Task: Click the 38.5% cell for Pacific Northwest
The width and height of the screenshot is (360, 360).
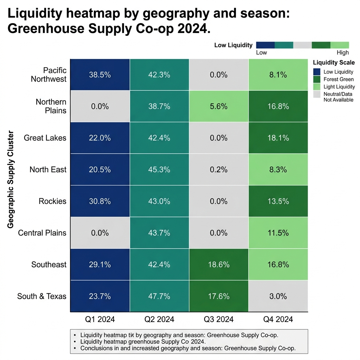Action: pos(100,75)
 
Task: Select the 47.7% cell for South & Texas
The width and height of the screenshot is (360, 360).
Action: pos(159,296)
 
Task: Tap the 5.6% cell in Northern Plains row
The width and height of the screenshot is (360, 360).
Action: pos(219,106)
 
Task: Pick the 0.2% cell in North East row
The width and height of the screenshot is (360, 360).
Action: pos(219,169)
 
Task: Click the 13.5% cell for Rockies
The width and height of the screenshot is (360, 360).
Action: pos(278,201)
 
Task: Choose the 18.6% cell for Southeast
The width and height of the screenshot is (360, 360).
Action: pos(219,264)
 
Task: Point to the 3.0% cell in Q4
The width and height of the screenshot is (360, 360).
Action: pos(278,296)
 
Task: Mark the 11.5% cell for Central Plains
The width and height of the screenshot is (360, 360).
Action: pos(278,233)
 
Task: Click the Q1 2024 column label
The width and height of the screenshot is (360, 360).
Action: pos(100,319)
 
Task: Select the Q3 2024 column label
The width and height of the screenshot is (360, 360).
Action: pos(219,319)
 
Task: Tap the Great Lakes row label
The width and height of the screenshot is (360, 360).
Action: pos(45,138)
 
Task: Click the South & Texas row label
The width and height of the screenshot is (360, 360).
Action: pos(42,296)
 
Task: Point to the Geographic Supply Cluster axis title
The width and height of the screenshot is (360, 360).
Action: pos(11,185)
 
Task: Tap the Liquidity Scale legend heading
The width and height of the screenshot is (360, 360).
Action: pos(334,63)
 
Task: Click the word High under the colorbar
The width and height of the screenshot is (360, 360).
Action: pos(342,53)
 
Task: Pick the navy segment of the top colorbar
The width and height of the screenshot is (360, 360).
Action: pos(265,45)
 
